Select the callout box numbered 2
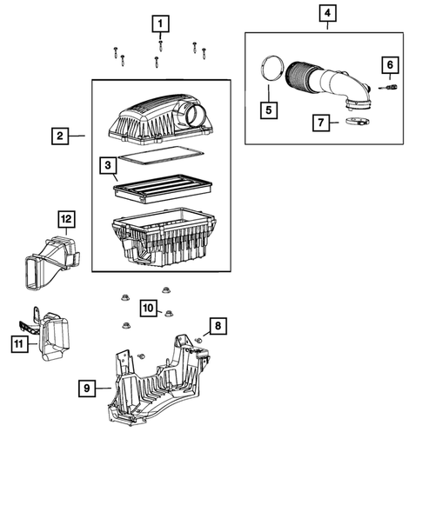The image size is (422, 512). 60,136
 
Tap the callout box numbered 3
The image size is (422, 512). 106,165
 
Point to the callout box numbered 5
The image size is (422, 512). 270,110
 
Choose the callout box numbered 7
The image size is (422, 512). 321,123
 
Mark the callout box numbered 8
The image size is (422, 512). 218,327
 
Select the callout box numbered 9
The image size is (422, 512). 86,389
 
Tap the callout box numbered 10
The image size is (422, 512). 148,308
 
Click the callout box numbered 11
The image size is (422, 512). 17,345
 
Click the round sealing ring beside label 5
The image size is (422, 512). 271,72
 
